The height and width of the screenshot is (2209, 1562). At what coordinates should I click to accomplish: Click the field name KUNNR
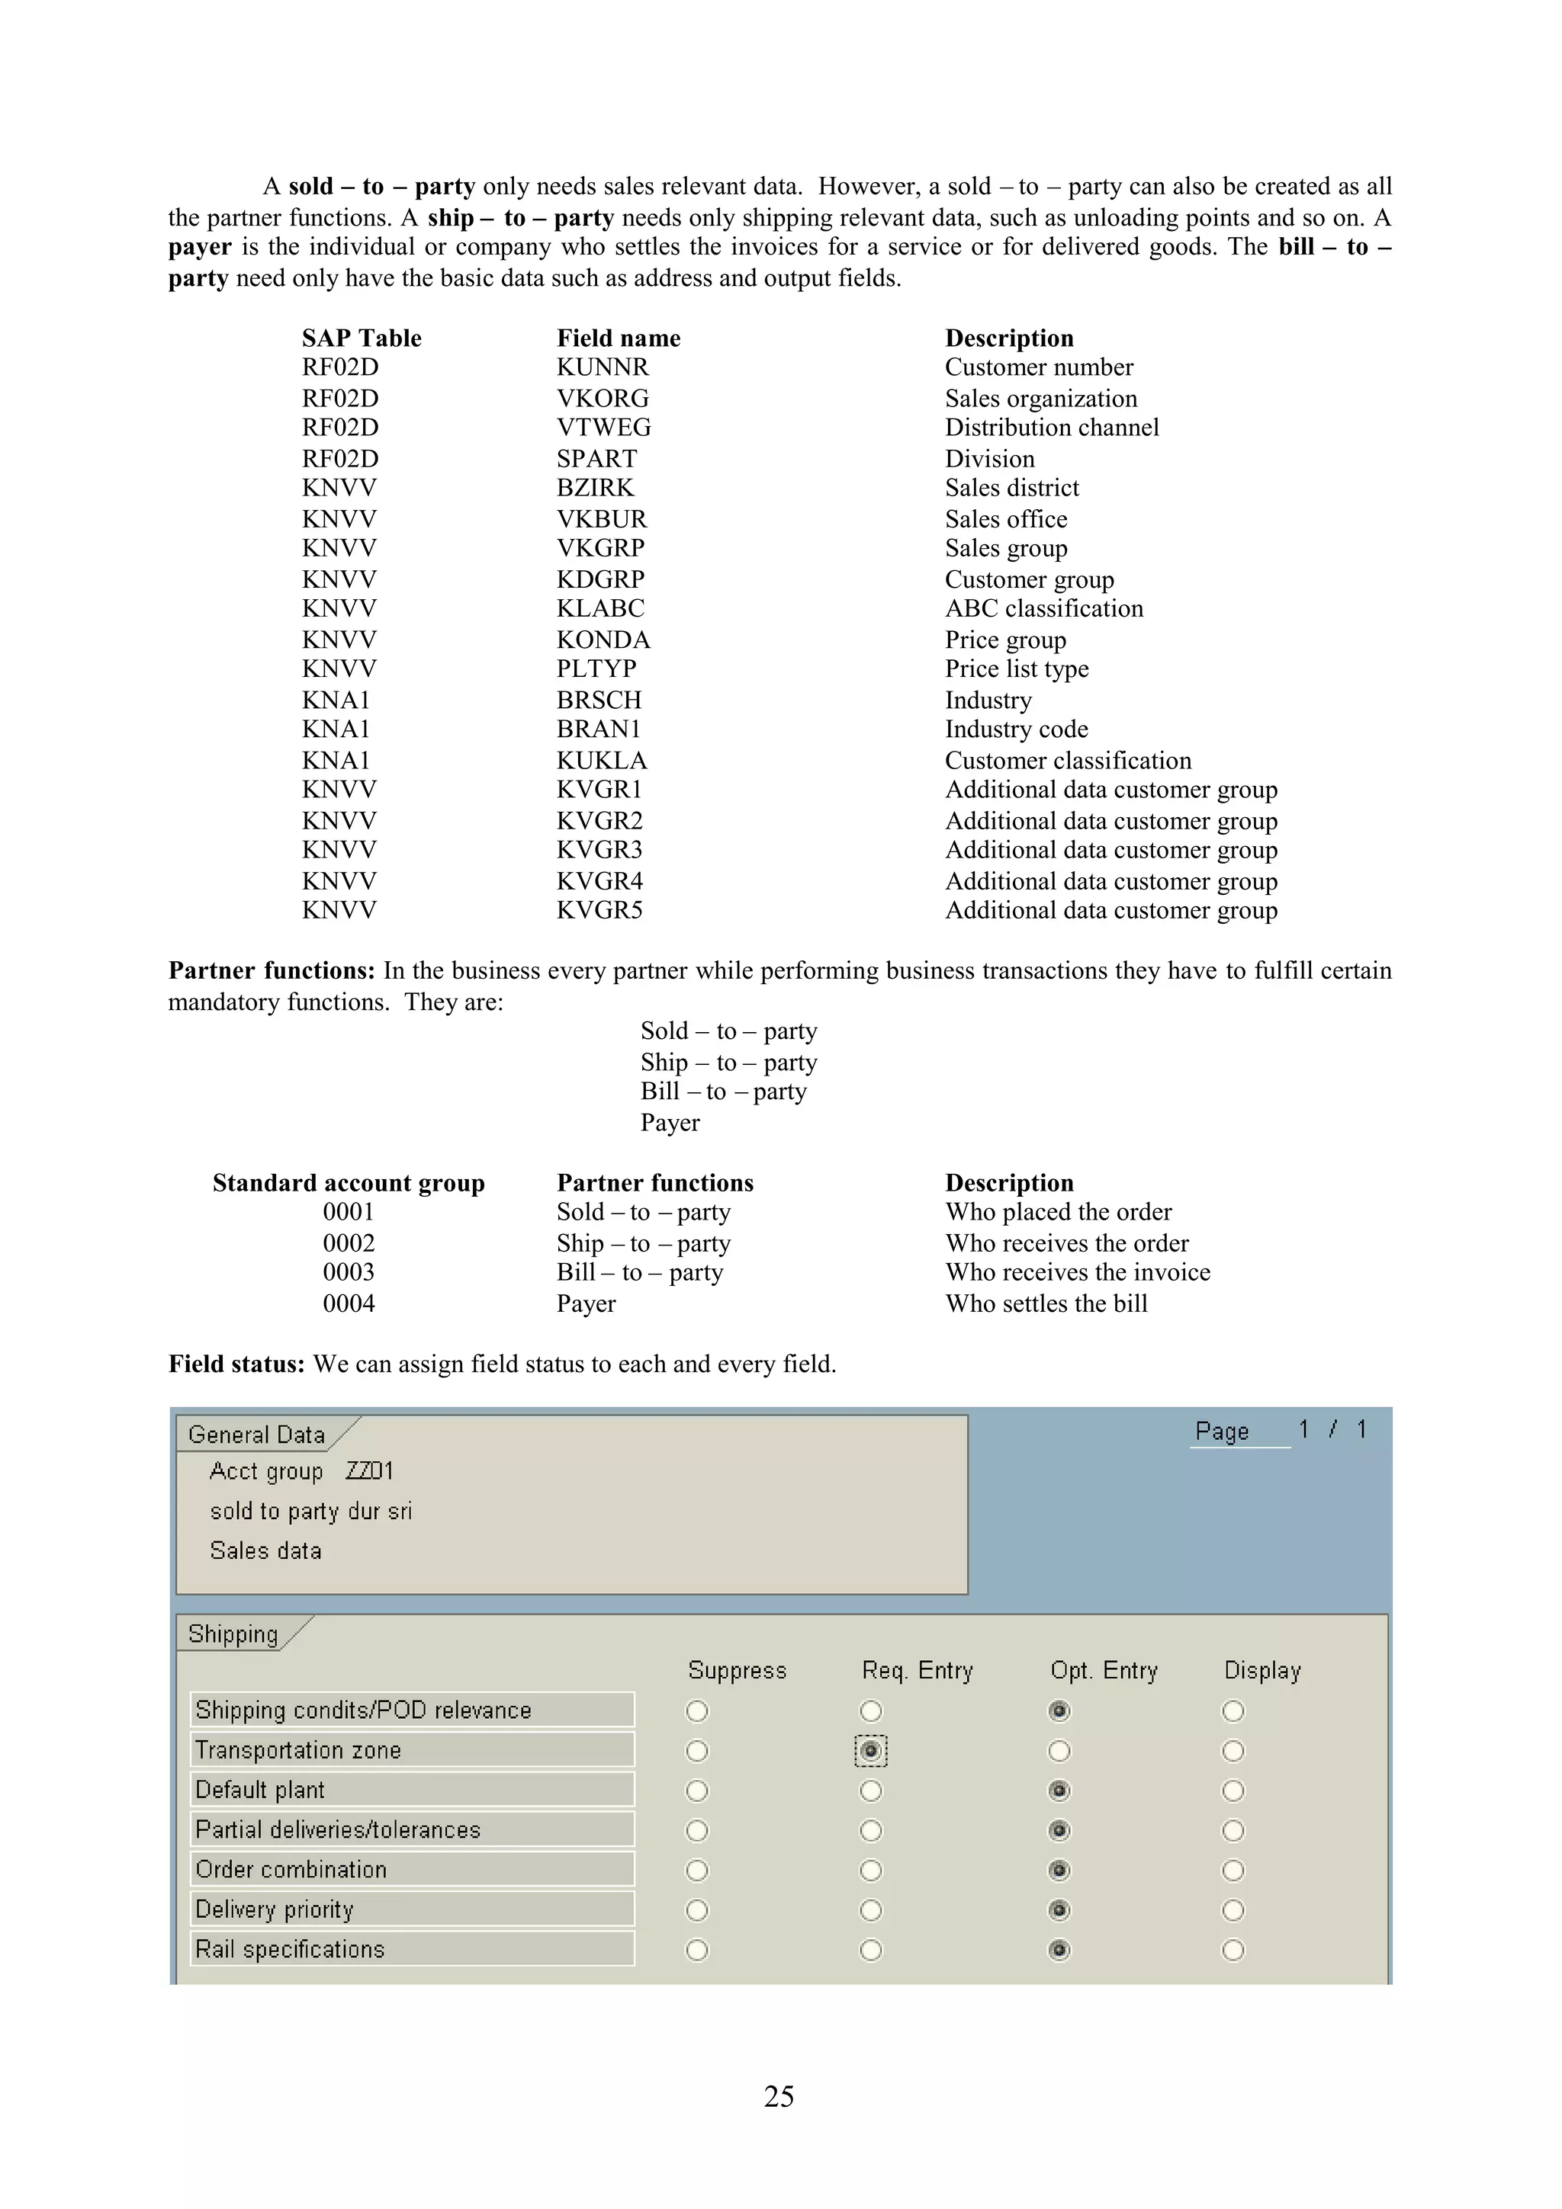(x=603, y=367)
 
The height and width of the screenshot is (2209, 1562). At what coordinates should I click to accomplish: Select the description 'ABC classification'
(x=1043, y=609)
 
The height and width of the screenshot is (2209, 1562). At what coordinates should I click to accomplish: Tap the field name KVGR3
(x=599, y=851)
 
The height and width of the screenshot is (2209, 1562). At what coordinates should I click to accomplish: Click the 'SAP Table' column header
(x=361, y=338)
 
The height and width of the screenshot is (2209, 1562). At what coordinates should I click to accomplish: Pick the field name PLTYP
(x=596, y=668)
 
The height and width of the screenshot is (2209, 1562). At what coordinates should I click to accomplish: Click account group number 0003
(x=349, y=1273)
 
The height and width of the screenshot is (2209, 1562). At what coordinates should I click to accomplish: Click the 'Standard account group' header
(x=349, y=1183)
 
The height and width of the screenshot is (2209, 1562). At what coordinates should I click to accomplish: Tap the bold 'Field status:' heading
(x=236, y=1364)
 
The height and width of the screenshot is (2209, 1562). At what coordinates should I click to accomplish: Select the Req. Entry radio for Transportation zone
(x=870, y=1751)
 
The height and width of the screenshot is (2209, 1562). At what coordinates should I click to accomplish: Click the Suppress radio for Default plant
(x=697, y=1791)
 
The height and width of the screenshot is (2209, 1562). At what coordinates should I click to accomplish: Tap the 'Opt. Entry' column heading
(x=1104, y=1670)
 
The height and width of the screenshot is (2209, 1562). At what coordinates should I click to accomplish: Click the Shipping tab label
(x=233, y=1634)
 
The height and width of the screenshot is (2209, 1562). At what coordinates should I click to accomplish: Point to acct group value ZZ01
(x=370, y=1471)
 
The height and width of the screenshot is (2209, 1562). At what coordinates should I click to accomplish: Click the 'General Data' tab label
(x=256, y=1435)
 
